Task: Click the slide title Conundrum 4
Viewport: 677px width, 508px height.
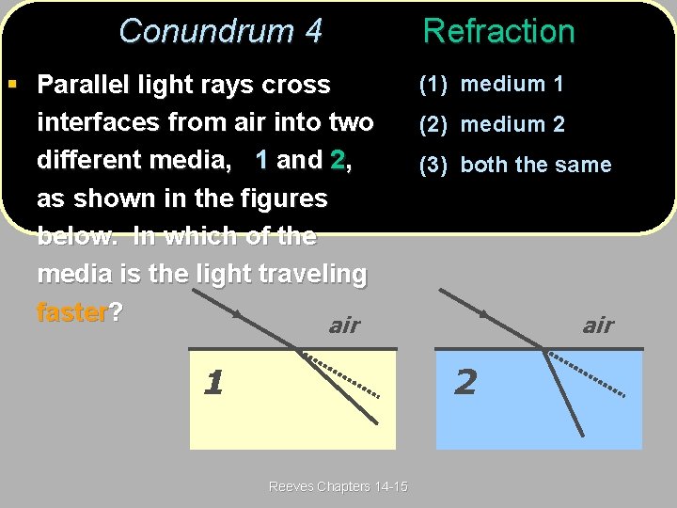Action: click(220, 31)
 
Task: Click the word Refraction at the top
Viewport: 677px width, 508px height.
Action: click(498, 31)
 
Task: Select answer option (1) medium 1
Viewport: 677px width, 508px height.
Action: click(491, 84)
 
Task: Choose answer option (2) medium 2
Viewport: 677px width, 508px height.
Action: click(491, 124)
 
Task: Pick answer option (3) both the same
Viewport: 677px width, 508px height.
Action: click(514, 165)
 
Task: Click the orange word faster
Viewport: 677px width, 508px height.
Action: click(72, 311)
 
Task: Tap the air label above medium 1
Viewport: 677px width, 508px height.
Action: click(344, 325)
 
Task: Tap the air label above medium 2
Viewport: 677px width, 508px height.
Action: click(598, 325)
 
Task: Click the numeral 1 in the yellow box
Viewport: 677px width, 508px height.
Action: click(213, 383)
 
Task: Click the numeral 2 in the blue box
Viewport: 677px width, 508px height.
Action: click(464, 382)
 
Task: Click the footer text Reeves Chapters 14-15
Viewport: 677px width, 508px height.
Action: click(338, 486)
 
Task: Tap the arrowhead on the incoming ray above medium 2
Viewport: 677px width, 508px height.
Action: click(483, 314)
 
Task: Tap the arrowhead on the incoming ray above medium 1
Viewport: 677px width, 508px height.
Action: click(237, 314)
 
